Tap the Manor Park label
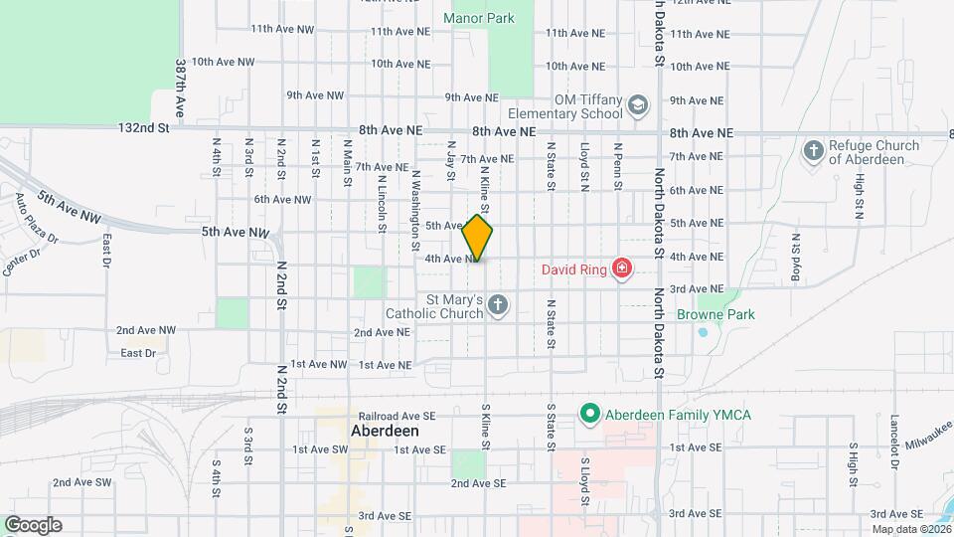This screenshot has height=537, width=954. coord(479,18)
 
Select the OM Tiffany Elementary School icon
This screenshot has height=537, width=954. coord(637,104)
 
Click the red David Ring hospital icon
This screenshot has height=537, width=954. coord(622,268)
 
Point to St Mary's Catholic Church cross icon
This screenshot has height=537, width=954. coord(498,305)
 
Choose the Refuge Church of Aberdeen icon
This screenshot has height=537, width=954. coord(813,151)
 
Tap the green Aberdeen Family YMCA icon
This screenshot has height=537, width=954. coord(588,414)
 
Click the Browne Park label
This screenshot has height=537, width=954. coord(715,314)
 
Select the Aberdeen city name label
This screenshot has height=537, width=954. coord(385,433)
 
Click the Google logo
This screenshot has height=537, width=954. coord(32,525)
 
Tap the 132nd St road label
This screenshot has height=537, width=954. coord(144,128)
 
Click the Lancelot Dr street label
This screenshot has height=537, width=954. coord(895,442)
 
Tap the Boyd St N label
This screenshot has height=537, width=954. coord(796,259)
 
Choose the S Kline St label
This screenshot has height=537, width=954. coord(486,426)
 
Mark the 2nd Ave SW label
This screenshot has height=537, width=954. coord(82,482)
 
